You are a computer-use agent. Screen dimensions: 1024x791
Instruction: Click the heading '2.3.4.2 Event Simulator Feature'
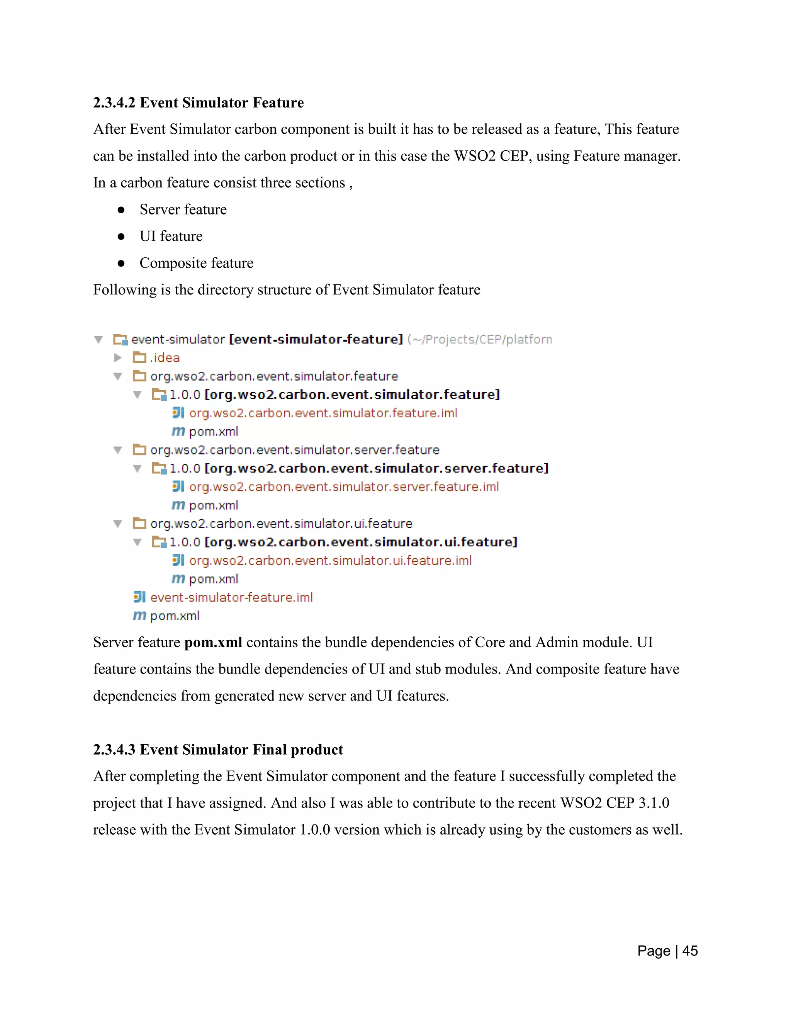(x=198, y=103)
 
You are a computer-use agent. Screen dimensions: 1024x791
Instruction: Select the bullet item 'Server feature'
(x=183, y=209)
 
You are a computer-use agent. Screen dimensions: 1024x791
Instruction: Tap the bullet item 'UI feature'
(x=171, y=236)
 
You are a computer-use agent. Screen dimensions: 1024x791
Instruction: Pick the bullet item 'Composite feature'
(x=196, y=263)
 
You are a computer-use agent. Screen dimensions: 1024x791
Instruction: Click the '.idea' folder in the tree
(x=165, y=358)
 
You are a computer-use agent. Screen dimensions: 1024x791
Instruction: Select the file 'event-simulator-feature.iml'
(x=231, y=597)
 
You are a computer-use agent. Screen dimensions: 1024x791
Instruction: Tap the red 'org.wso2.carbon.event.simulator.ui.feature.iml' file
(x=330, y=560)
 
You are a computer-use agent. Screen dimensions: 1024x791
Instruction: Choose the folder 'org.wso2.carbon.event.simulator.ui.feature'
(x=281, y=524)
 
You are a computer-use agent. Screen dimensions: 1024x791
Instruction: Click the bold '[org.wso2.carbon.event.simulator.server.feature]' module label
(x=376, y=468)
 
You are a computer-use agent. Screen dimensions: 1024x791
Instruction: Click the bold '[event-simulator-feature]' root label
(x=316, y=339)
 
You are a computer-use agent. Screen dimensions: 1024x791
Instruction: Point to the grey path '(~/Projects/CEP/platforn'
(x=479, y=339)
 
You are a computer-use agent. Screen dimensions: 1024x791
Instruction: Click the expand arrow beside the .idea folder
(x=118, y=358)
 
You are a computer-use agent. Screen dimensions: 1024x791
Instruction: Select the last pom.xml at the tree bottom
(x=174, y=616)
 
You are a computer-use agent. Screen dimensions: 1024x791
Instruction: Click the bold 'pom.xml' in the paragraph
(x=213, y=642)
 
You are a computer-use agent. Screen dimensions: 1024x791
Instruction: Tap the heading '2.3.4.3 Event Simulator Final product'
(x=218, y=750)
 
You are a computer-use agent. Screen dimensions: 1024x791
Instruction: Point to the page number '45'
(x=690, y=951)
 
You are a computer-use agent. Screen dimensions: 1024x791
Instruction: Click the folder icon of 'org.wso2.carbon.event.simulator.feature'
(x=139, y=376)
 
